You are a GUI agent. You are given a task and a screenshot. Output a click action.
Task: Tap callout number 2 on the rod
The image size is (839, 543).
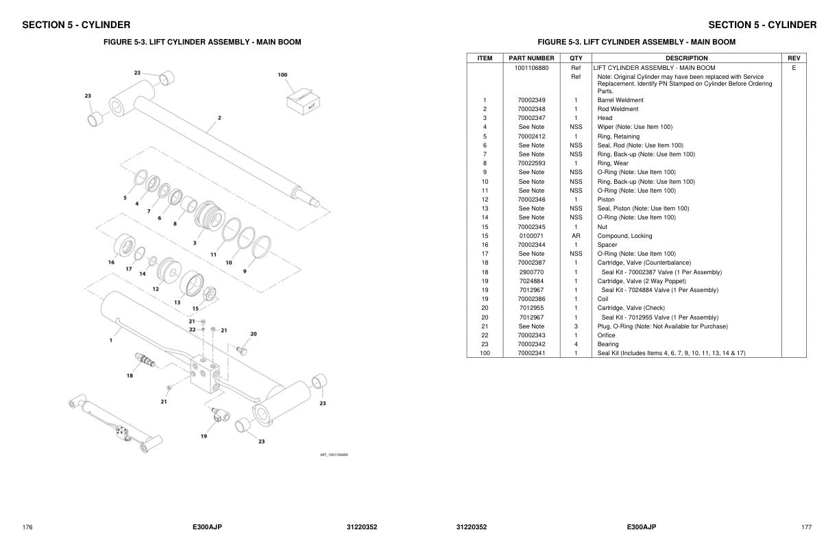coord(219,118)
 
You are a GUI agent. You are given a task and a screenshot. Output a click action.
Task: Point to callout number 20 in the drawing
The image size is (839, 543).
coord(253,334)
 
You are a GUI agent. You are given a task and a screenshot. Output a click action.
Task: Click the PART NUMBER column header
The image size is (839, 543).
coord(531,58)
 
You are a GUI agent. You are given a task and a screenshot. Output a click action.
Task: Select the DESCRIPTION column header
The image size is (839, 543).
coord(686,58)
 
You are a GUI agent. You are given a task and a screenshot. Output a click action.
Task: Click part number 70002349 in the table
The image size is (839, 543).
coord(531,100)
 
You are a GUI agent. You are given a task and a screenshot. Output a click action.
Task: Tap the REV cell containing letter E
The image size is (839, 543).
coord(793,68)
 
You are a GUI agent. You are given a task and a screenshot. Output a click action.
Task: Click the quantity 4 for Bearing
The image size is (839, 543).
coord(576,344)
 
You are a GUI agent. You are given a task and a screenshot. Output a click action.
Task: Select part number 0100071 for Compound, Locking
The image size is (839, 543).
coord(531,236)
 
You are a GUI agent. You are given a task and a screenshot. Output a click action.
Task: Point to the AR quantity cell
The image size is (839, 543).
coord(576,236)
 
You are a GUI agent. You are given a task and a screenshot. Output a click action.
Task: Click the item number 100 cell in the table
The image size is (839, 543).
coord(485,353)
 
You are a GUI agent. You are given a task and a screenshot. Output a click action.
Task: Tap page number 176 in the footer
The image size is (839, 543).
coord(27,527)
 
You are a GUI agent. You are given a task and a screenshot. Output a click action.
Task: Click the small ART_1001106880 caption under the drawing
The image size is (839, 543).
coord(334,455)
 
